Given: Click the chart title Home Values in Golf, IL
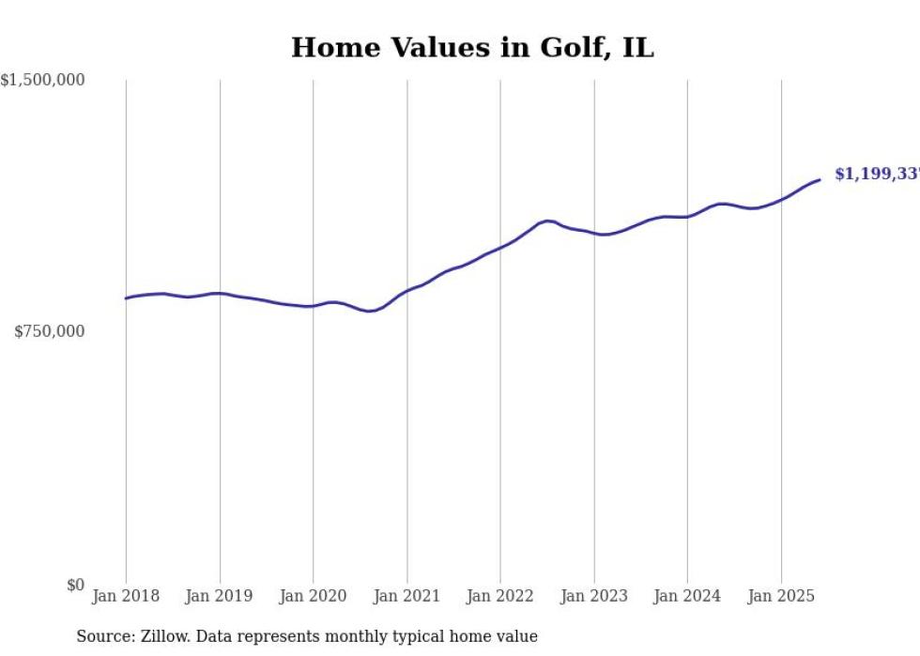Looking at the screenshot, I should (472, 48).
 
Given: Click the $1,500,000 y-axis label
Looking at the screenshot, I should (43, 81).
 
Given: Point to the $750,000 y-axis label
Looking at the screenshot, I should (50, 331).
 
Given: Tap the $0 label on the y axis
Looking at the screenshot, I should (75, 586).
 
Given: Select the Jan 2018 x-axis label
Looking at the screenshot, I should (126, 596).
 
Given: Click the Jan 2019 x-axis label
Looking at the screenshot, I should (220, 596).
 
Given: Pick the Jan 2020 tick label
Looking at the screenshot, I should (314, 596).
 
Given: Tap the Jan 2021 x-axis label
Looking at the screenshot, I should (406, 596).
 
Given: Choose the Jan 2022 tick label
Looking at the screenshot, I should (500, 596).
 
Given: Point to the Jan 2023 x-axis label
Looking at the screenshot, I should (593, 596).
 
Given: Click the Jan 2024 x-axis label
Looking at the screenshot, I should (687, 596).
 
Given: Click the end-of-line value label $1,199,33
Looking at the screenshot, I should (876, 175).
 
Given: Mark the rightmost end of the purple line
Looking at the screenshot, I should (820, 179).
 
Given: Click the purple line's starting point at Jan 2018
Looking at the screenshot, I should (126, 298).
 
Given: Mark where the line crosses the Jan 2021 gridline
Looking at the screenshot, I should (406, 290).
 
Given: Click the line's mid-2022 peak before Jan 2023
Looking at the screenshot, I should (547, 221).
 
